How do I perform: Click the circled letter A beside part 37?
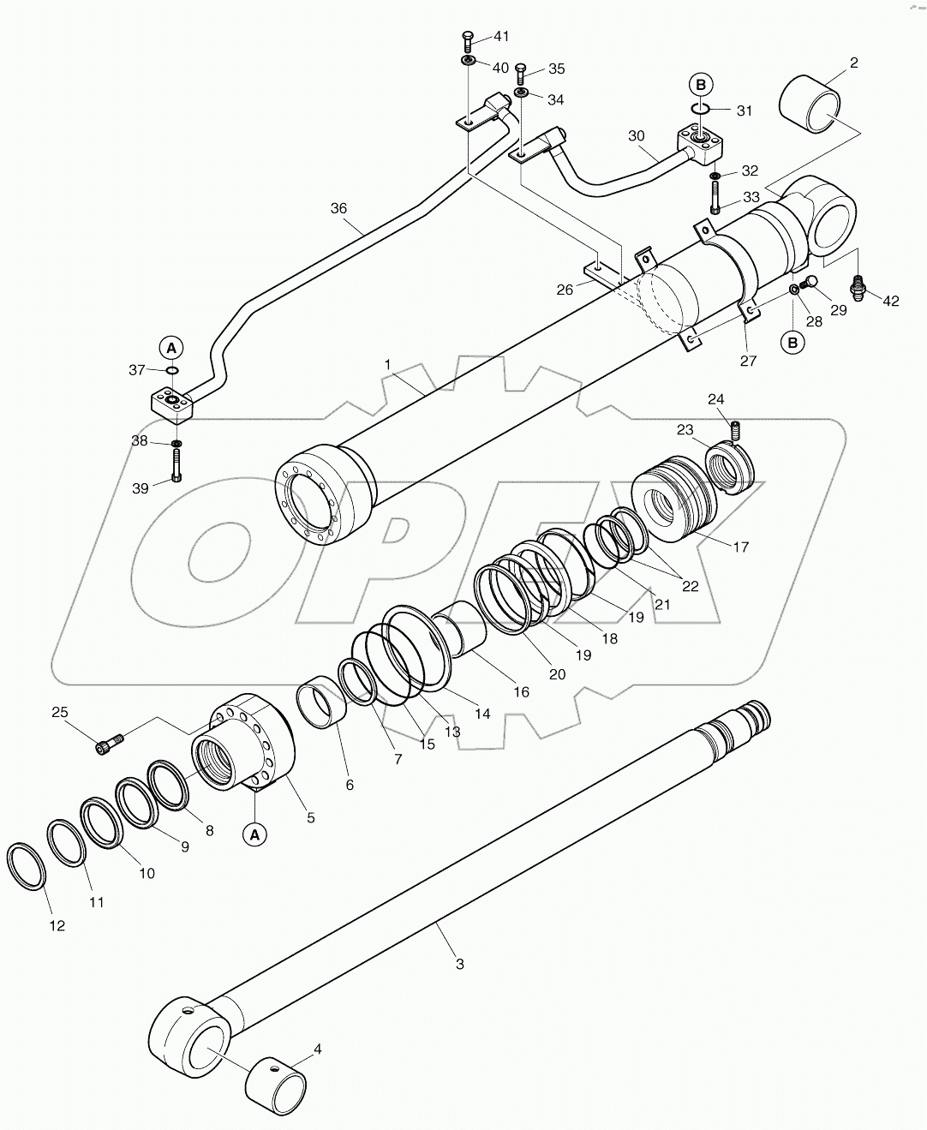[x=171, y=348]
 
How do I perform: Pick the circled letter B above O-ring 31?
[x=701, y=84]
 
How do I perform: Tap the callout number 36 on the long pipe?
[x=339, y=207]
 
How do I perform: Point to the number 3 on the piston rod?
[x=459, y=964]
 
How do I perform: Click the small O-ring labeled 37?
[x=172, y=370]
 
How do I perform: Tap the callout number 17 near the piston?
[x=741, y=547]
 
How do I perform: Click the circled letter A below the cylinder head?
[x=254, y=833]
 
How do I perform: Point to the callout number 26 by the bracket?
[x=564, y=290]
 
